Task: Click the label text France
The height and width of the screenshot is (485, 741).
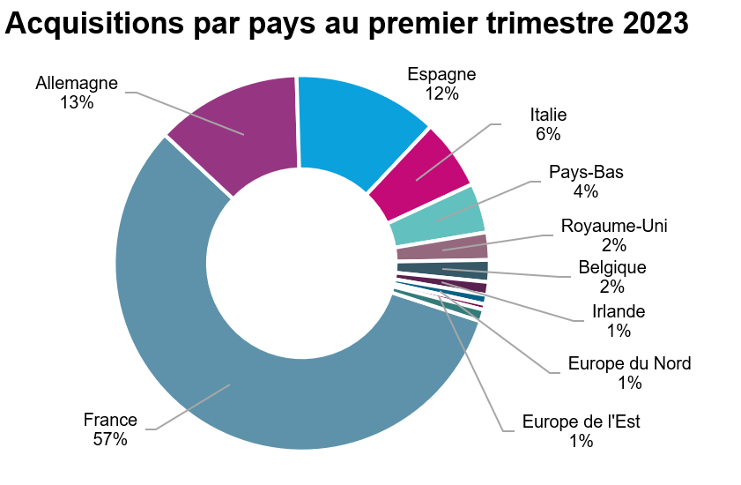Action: click(110, 420)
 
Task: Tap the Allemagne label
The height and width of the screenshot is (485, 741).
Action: click(77, 84)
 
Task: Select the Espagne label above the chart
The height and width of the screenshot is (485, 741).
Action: click(441, 74)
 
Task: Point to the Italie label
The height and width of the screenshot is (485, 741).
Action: click(548, 115)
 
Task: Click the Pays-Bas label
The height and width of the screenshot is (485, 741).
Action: click(586, 171)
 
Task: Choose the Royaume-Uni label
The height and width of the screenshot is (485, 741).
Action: click(614, 226)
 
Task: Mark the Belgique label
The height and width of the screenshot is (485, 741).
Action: click(612, 267)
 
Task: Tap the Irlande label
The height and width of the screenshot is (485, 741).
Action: click(619, 311)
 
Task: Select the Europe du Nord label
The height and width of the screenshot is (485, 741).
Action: click(629, 363)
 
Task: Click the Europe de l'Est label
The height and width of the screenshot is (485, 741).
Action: click(581, 422)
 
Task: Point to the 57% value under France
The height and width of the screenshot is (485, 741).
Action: click(110, 439)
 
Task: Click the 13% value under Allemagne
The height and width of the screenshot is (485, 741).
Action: click(77, 103)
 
